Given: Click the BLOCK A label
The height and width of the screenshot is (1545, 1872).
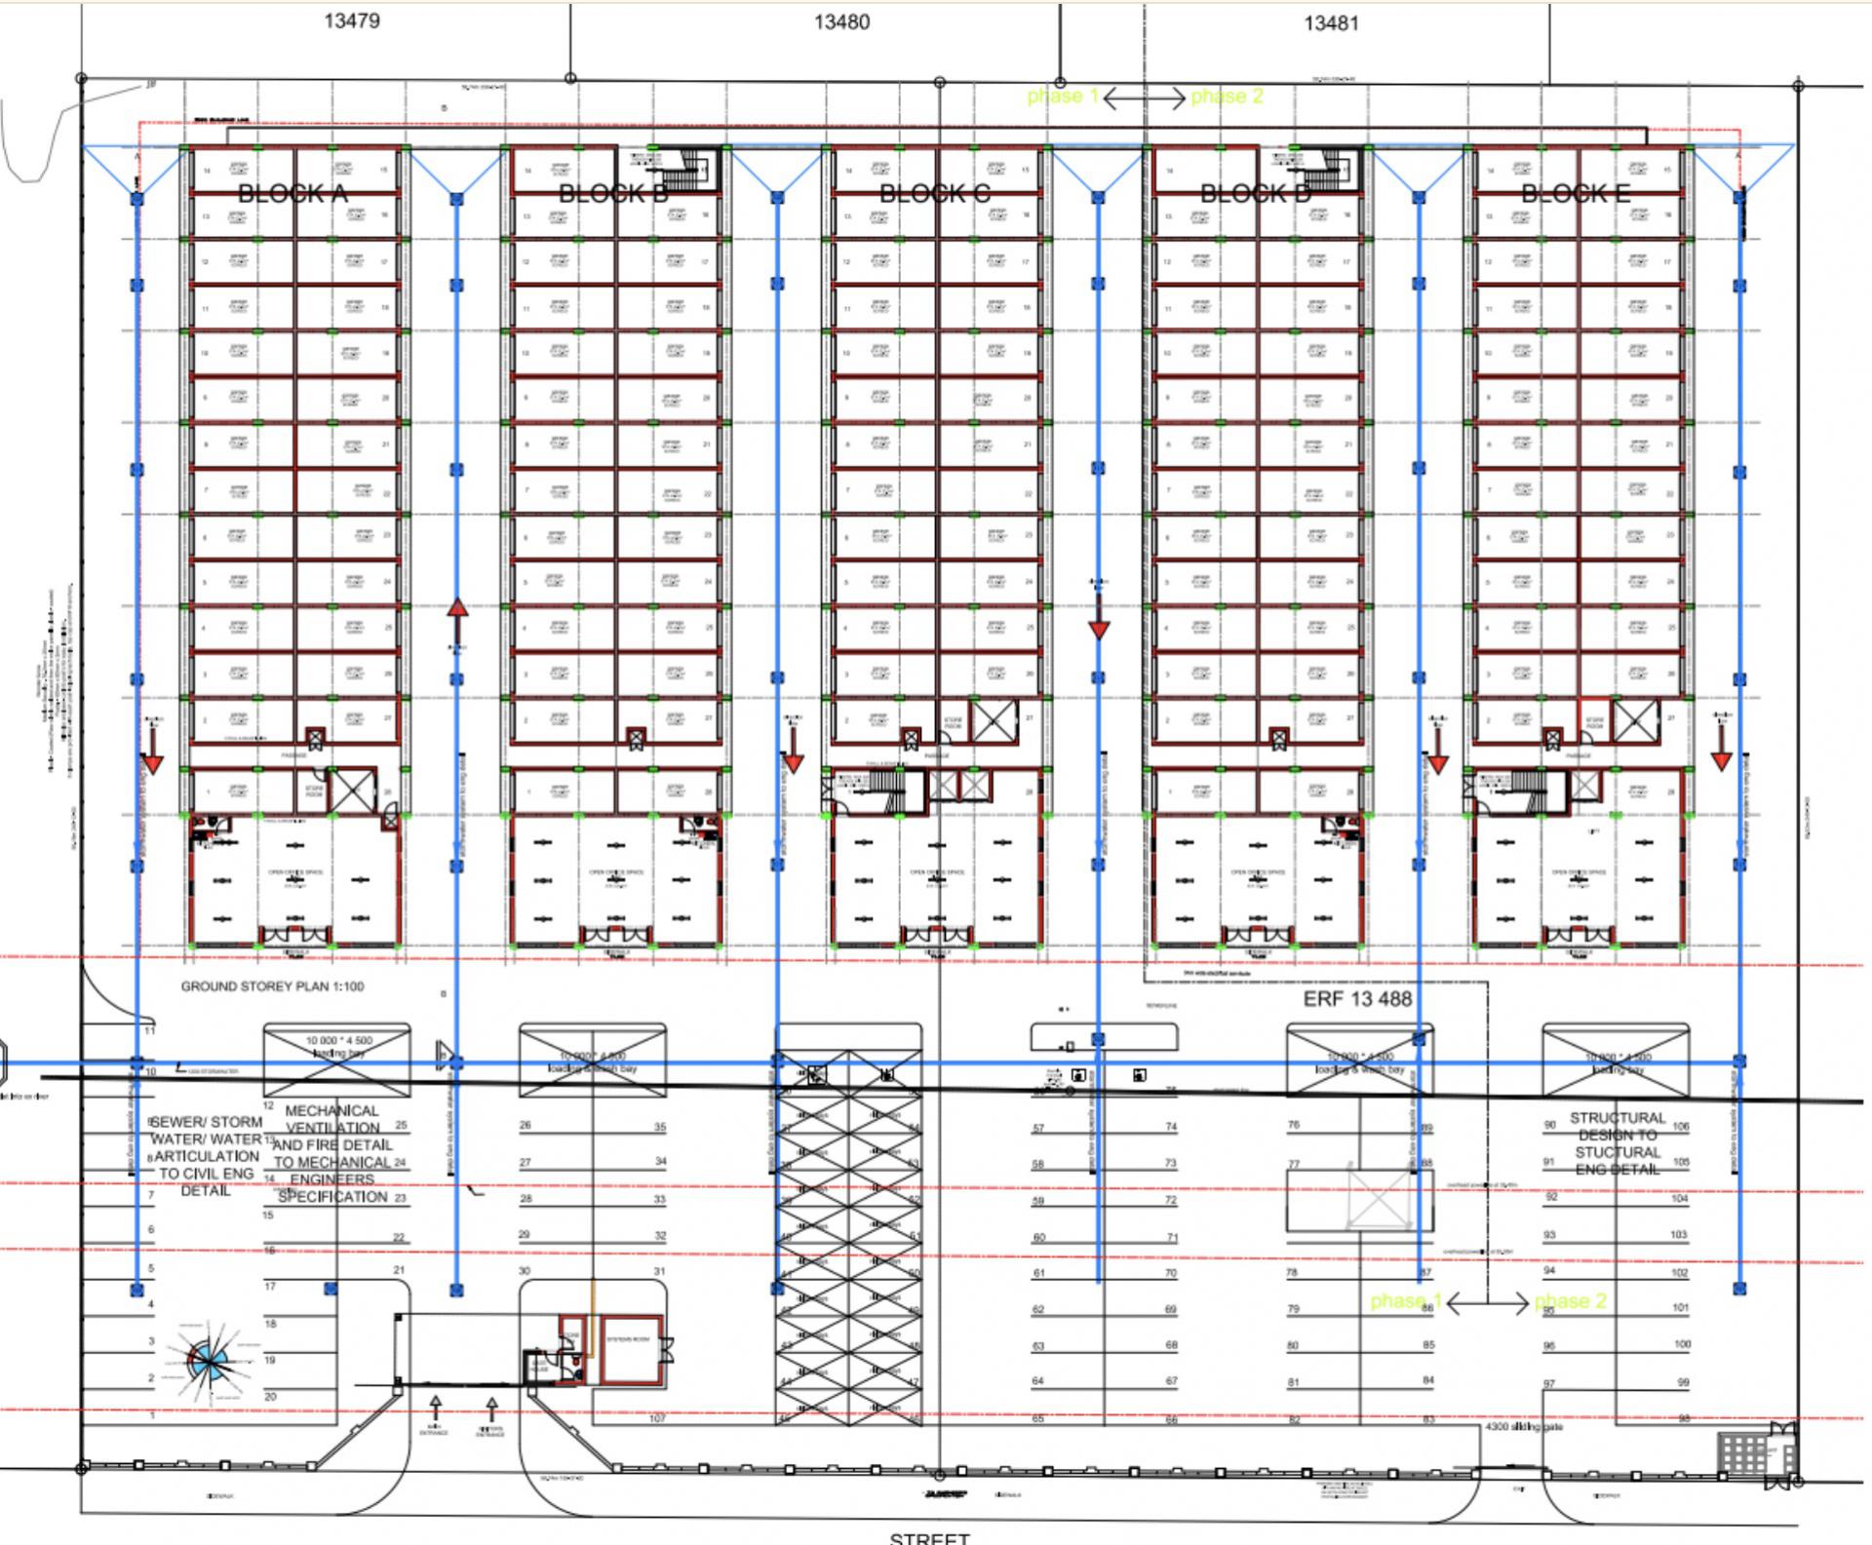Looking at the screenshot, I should point(292,194).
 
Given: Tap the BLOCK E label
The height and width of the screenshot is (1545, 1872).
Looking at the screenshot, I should point(1576,194).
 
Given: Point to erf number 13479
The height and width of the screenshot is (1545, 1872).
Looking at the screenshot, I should point(351,20).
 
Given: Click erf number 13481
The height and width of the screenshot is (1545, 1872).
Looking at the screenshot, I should point(1331,22).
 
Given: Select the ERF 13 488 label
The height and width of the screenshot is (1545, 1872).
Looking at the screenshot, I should point(1357,999).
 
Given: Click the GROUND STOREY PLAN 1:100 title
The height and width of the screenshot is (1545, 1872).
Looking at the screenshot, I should point(272,986).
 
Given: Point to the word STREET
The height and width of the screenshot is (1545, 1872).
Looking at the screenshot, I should point(929,1537).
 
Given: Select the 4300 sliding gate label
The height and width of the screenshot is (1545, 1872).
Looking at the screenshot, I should point(1524,1427).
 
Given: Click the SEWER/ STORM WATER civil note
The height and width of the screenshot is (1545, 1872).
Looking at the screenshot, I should point(206,1156).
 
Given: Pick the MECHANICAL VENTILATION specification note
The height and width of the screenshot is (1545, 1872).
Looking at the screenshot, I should point(332,1153).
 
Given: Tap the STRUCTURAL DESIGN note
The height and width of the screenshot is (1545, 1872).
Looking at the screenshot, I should point(1618,1142).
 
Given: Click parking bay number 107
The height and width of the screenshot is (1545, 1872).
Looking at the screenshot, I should point(657,1418).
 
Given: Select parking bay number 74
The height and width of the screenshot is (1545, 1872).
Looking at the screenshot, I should point(1171,1127).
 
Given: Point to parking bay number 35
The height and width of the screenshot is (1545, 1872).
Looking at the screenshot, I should point(660,1127).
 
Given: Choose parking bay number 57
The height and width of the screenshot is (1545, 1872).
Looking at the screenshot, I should point(1038,1129).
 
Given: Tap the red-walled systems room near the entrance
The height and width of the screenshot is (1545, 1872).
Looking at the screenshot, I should point(630,1349).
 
